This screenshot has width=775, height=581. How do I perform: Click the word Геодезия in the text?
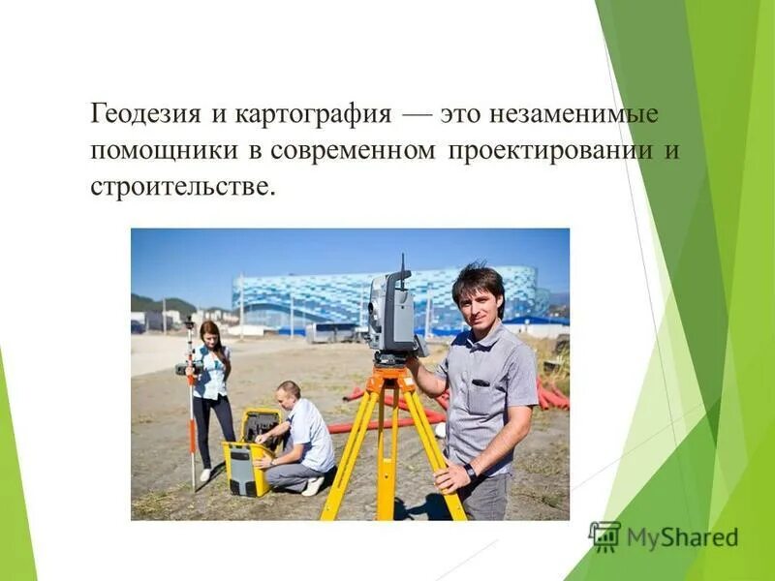[144, 115]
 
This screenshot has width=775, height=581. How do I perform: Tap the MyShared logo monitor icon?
[604, 535]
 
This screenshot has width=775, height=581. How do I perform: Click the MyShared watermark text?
[682, 537]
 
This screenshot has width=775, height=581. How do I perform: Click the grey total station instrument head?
[392, 312]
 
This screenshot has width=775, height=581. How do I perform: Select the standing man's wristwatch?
[469, 471]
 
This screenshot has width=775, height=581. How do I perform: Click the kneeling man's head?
[288, 392]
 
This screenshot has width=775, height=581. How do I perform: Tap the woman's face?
[208, 336]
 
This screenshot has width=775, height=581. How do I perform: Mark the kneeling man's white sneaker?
[313, 486]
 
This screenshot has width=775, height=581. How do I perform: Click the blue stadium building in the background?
[387, 295]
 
